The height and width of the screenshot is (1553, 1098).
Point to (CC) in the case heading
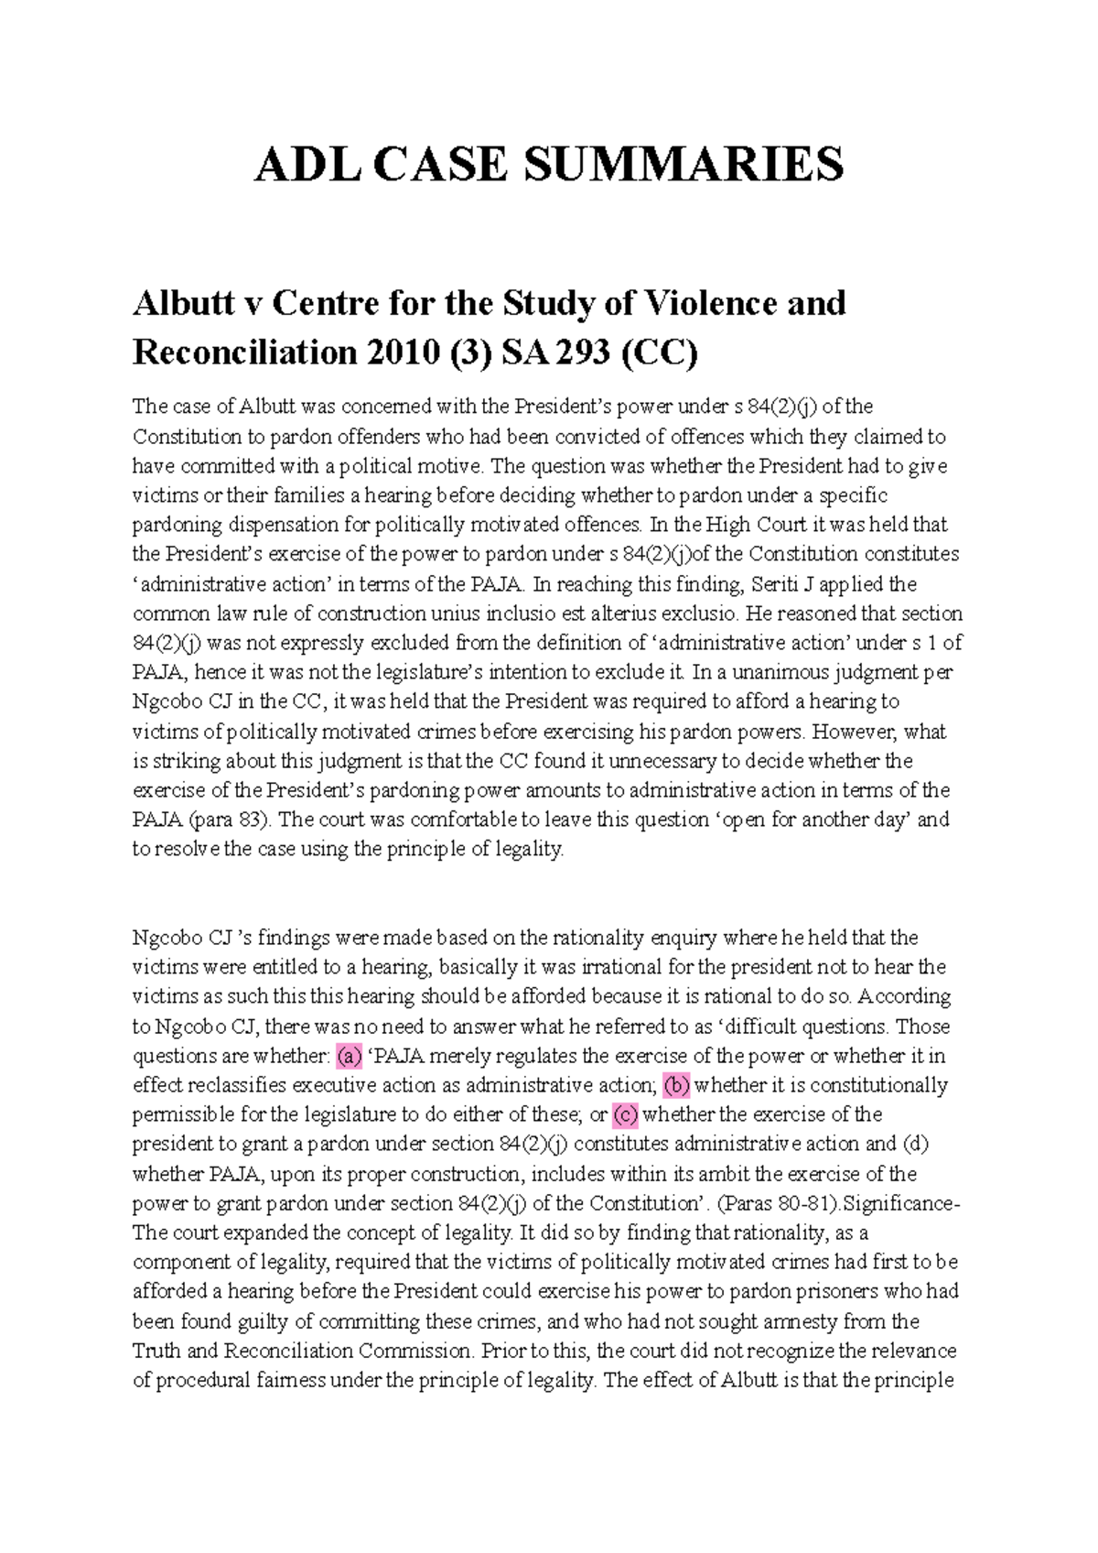coord(659,352)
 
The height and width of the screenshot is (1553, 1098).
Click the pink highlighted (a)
coord(350,1056)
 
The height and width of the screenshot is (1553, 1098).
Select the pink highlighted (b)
coord(676,1085)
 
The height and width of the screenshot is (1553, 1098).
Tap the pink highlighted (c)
coord(625,1114)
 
